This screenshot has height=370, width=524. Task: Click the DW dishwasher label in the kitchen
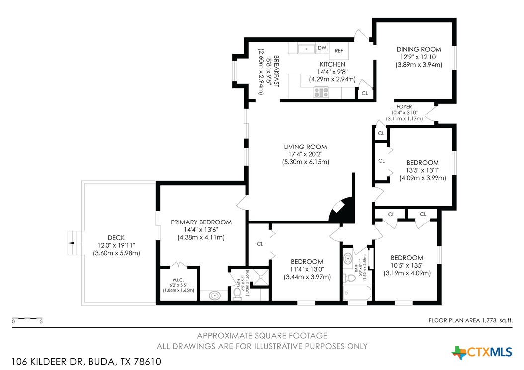[x=322, y=48]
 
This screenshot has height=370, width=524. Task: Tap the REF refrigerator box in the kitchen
[x=339, y=51]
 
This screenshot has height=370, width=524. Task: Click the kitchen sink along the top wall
[x=306, y=49]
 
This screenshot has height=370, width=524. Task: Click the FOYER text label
[x=404, y=107]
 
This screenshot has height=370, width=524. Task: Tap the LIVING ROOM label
[x=305, y=147]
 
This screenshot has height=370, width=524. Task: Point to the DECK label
[x=116, y=237]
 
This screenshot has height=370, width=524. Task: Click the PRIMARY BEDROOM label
[x=201, y=222]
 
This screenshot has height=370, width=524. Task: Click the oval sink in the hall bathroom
[x=348, y=259]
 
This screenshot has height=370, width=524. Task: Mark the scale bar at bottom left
[x=28, y=318]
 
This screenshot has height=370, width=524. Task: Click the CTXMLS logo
[x=482, y=352]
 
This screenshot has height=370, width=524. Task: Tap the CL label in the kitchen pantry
[x=365, y=93]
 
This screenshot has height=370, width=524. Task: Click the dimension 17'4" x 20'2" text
[x=305, y=154]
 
